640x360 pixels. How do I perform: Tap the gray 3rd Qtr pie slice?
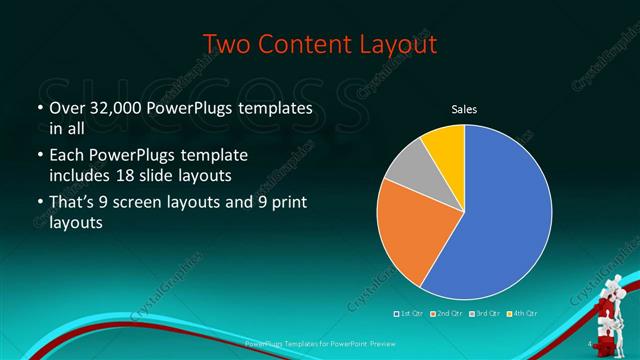click(x=406, y=172)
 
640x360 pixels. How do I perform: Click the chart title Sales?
click(x=464, y=108)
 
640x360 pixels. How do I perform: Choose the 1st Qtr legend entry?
click(x=410, y=314)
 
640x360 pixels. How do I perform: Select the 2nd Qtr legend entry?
click(x=446, y=314)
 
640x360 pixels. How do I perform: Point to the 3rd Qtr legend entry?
click(x=482, y=314)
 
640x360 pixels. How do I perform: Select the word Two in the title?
click(x=227, y=45)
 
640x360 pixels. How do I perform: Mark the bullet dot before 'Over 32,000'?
click(x=39, y=108)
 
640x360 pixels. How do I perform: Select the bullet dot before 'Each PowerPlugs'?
click(x=39, y=157)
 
